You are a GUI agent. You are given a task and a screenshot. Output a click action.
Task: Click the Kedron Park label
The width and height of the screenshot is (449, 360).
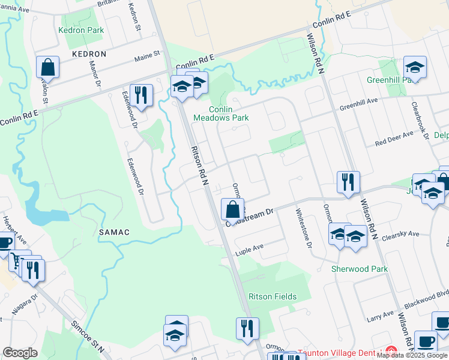[81, 30]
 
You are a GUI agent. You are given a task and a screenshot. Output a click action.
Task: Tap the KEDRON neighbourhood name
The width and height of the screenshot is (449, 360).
[89, 54]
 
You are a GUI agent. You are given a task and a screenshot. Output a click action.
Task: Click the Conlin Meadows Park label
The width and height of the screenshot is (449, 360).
[220, 113]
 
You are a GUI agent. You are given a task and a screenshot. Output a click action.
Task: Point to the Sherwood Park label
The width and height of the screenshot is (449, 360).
[360, 269]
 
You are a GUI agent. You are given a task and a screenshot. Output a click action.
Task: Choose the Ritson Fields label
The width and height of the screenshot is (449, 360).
[272, 296]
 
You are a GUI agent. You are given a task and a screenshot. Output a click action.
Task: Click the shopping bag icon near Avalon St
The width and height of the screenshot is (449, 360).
[47, 67]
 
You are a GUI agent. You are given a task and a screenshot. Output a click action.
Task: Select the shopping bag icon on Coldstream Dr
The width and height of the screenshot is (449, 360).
[232, 209]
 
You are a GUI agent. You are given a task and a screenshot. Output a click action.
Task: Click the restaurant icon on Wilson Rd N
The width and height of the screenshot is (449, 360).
[348, 182]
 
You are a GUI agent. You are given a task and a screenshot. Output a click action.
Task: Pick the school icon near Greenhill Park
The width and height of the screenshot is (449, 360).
[415, 67]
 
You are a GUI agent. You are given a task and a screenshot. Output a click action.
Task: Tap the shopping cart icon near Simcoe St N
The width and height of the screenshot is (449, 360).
[20, 261]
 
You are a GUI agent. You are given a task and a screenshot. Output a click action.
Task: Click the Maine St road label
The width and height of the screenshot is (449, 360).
[148, 55]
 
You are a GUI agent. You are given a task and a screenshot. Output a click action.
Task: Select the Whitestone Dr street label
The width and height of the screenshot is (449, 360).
[304, 227]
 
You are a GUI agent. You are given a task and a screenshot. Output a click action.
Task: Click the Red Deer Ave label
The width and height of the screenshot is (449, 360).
[394, 139]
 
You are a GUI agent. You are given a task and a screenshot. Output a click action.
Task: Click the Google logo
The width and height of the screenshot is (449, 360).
[20, 353]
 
